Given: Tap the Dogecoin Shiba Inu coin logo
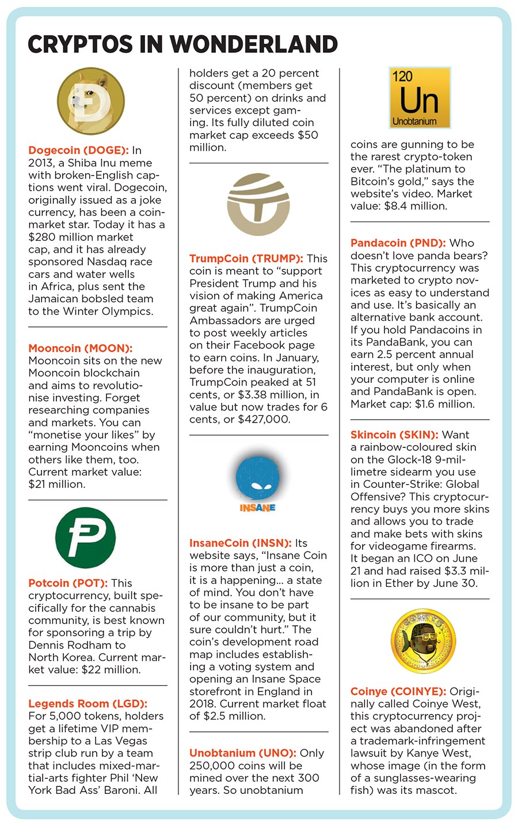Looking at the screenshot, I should click(90, 101).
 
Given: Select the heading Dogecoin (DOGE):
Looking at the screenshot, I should click(78, 150).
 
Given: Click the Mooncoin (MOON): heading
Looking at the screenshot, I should click(81, 348).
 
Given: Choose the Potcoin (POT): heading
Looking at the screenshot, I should click(68, 583).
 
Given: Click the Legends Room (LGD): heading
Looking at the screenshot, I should click(88, 704).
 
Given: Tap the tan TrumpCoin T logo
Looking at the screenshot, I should click(258, 204).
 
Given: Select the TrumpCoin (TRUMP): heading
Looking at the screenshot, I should click(246, 258).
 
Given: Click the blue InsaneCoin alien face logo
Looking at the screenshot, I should click(258, 477).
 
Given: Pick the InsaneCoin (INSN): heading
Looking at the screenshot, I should click(241, 543).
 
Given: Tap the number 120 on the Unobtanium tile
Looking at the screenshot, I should click(402, 77).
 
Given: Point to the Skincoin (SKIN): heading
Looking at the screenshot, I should click(394, 435).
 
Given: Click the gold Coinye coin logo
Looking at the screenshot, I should click(419, 641).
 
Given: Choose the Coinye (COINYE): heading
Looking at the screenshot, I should click(398, 691).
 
